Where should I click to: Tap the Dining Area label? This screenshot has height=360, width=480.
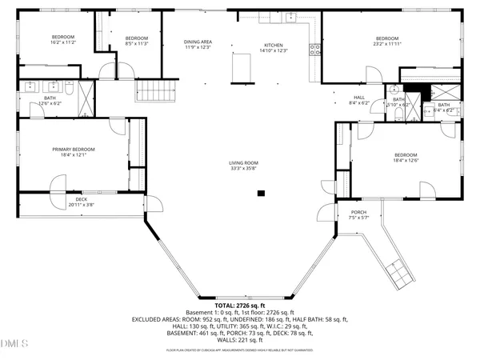198,42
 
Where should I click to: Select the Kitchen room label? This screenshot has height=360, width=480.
274,45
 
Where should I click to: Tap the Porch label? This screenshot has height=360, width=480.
358,212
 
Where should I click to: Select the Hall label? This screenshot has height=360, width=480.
359,98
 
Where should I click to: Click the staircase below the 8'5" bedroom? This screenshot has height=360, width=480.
150,90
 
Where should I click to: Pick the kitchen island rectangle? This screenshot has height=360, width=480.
240,69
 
